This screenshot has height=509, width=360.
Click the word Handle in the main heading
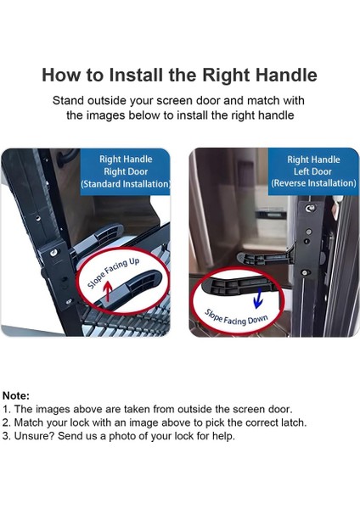(x=286, y=75)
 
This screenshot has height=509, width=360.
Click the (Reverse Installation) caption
(x=313, y=183)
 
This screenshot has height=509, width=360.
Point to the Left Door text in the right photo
(x=313, y=171)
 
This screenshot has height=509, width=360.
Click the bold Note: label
(x=15, y=395)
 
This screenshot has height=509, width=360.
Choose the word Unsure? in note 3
(x=34, y=436)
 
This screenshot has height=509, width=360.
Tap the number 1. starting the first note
(x=6, y=409)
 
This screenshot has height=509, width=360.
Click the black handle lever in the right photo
(x=254, y=256)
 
